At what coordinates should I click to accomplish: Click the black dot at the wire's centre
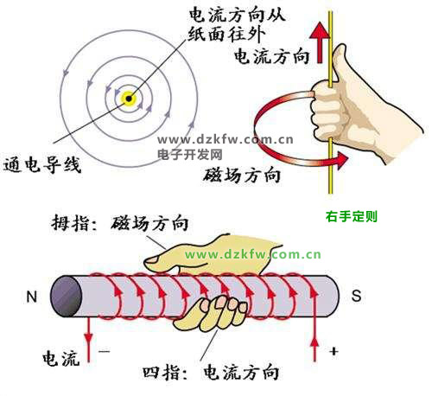click(x=129, y=99)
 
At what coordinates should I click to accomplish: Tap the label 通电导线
click(x=41, y=165)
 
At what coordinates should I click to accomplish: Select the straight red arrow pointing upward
click(x=320, y=43)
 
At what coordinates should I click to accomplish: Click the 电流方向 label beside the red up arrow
click(x=271, y=56)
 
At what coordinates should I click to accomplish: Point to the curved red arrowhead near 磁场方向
click(x=342, y=160)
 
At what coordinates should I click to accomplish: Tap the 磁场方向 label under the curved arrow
click(x=241, y=175)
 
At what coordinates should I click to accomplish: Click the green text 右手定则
click(x=352, y=216)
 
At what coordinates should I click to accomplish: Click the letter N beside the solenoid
click(x=32, y=297)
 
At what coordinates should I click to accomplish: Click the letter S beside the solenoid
click(x=356, y=296)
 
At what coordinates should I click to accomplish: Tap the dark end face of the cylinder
click(x=66, y=297)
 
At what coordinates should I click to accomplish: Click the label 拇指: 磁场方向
click(x=119, y=223)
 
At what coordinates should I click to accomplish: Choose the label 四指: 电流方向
click(x=211, y=373)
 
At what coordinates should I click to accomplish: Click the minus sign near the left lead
click(x=104, y=351)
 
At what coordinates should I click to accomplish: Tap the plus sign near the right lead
click(x=334, y=351)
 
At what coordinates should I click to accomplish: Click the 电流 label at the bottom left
click(x=60, y=359)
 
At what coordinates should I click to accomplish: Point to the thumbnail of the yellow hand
click(x=151, y=260)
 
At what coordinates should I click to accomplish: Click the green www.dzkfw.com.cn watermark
click(x=252, y=254)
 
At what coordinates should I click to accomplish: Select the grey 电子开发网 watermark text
click(x=190, y=155)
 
